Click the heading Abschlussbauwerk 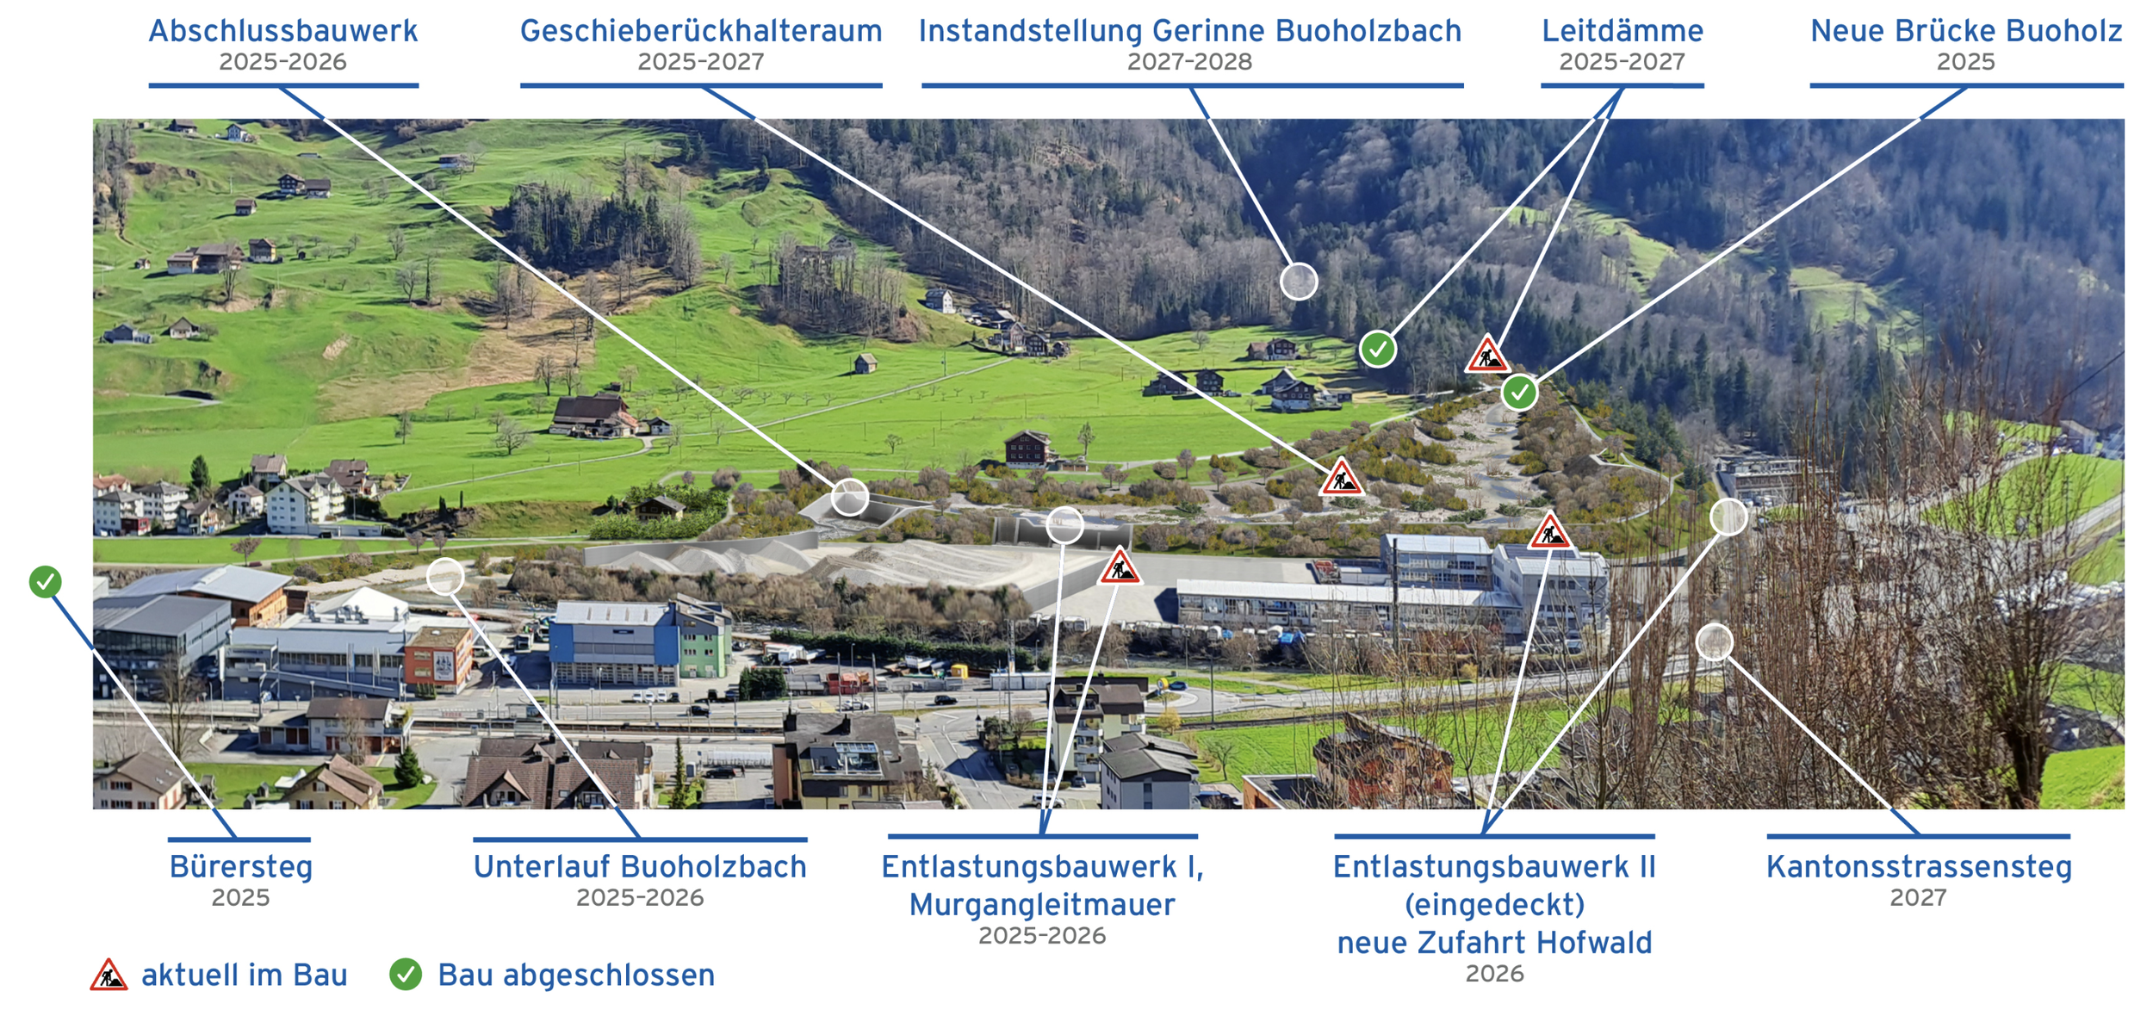click(282, 32)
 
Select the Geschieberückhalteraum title click(701, 32)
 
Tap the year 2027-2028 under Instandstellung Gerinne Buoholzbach click(1189, 62)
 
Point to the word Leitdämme click(1622, 32)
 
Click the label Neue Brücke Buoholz click(1965, 32)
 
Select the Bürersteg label click(240, 867)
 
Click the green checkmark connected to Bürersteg click(46, 582)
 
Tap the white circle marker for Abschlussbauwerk click(849, 498)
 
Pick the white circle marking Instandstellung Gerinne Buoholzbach click(1299, 282)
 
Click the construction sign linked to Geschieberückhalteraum click(1341, 479)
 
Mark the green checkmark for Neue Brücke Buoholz click(1519, 393)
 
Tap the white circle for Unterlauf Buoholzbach click(445, 576)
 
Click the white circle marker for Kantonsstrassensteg click(1714, 642)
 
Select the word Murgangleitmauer click(1041, 905)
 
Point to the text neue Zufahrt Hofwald click(1494, 943)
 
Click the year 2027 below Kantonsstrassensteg click(1918, 897)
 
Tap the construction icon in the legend click(109, 976)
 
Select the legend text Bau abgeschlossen click(576, 976)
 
